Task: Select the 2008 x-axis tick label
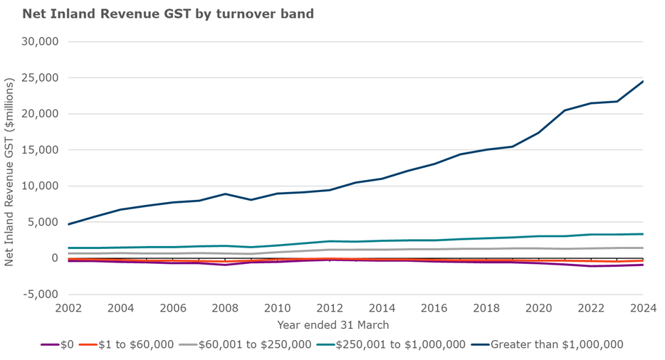[x=225, y=308]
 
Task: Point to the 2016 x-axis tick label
[x=434, y=308]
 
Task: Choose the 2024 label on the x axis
[x=642, y=308]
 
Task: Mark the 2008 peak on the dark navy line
[x=225, y=194]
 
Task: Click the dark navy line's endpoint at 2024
[x=643, y=81]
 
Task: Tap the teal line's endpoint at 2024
[x=643, y=234]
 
